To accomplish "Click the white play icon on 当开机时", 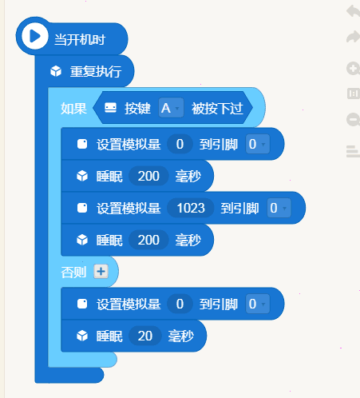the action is tap(35, 36).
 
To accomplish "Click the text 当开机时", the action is tap(80, 40).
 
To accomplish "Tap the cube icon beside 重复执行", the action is tap(56, 71).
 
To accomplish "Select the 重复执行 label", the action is tap(96, 71).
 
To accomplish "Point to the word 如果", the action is tap(73, 109).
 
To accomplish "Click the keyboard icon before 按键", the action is tap(110, 108).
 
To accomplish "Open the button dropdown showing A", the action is tap(171, 108).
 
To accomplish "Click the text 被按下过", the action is tap(217, 109).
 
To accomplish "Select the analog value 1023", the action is tap(191, 208).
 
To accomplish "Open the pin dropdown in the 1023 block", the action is tap(279, 208).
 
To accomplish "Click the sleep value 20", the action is tap(145, 336).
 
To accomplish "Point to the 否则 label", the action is tap(73, 273).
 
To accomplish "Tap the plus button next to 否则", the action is tap(101, 272).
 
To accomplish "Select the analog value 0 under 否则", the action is tap(180, 304).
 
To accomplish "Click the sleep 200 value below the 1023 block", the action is tap(148, 240).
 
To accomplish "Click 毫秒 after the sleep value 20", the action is tap(181, 336).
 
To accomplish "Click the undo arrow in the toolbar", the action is tap(353, 11).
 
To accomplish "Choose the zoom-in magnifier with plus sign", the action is tap(353, 69).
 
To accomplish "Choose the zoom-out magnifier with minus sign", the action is tap(353, 119).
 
